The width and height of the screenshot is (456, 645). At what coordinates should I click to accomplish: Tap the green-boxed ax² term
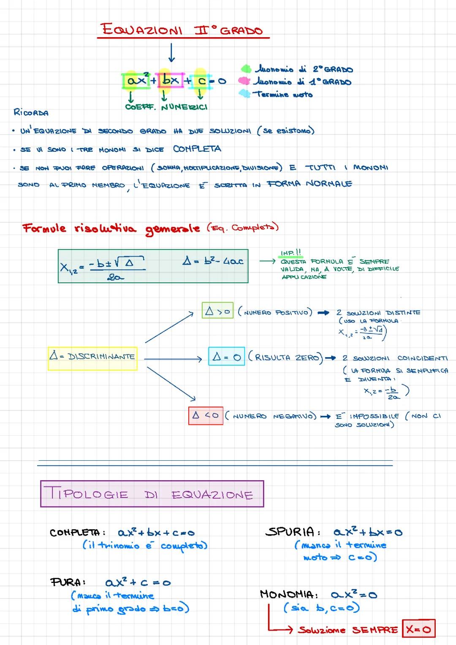click(136, 80)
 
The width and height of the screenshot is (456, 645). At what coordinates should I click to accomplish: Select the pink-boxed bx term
click(171, 80)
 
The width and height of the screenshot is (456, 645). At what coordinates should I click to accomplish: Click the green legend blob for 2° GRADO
click(246, 68)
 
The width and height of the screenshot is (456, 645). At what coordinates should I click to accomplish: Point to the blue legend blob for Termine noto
click(244, 93)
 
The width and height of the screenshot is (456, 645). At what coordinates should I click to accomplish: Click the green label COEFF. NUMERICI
click(166, 107)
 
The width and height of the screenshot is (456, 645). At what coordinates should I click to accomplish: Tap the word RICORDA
click(31, 112)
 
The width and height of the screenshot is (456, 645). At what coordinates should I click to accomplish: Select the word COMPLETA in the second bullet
click(197, 149)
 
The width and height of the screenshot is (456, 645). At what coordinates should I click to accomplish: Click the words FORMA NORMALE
click(309, 183)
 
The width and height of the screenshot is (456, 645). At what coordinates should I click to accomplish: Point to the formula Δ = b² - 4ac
click(213, 261)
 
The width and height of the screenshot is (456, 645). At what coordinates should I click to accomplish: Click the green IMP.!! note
click(291, 253)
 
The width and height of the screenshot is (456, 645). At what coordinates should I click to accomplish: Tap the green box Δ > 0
click(217, 312)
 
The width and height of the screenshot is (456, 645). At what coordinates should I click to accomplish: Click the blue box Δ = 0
click(227, 357)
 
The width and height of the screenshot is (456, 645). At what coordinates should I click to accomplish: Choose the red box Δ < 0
click(206, 415)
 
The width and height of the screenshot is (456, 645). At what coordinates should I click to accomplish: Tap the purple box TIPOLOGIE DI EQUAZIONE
click(152, 494)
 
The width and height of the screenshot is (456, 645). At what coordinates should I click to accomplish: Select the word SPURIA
click(290, 532)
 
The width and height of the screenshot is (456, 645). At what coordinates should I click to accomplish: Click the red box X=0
click(418, 629)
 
